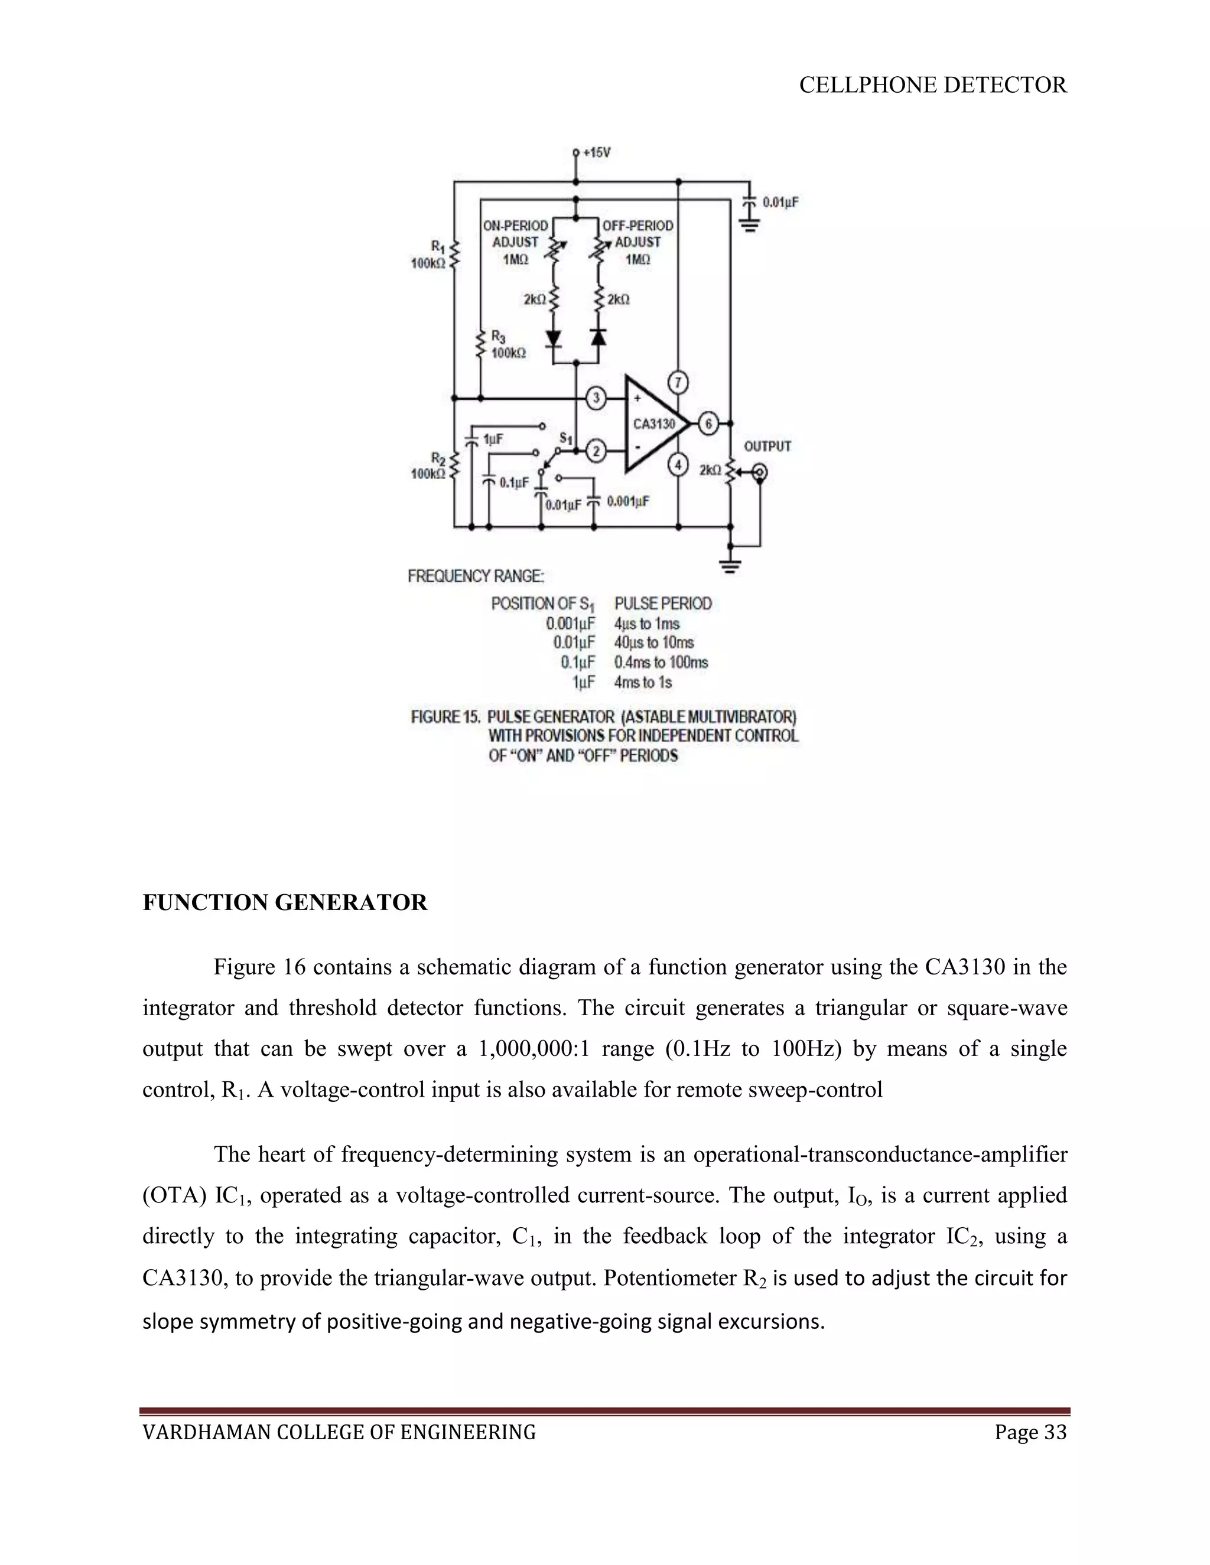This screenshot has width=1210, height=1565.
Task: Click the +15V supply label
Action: pyautogui.click(x=596, y=152)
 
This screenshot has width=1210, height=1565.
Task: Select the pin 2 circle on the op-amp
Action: pyautogui.click(x=596, y=451)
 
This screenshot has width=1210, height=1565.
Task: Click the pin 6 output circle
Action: pyautogui.click(x=708, y=424)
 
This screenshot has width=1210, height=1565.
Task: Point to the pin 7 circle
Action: pyautogui.click(x=678, y=383)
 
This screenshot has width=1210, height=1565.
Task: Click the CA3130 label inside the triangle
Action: pyautogui.click(x=654, y=424)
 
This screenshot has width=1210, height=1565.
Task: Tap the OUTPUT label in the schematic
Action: pyautogui.click(x=767, y=446)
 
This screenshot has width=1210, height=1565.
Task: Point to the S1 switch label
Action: pyautogui.click(x=566, y=438)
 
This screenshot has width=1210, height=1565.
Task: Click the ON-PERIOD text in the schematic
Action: pyautogui.click(x=515, y=226)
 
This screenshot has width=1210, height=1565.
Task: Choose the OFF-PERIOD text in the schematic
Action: pyautogui.click(x=637, y=226)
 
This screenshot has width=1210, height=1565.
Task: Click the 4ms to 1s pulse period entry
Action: pyautogui.click(x=643, y=682)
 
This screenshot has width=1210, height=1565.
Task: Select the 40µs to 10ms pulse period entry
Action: pyautogui.click(x=654, y=643)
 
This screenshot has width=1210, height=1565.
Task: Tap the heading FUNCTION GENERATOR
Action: pyautogui.click(x=285, y=902)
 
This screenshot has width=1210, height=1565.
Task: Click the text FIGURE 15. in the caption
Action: pyautogui.click(x=445, y=716)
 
